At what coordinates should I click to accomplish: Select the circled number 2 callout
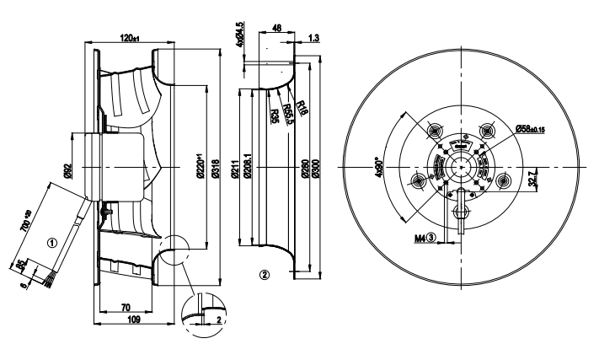tap(264, 275)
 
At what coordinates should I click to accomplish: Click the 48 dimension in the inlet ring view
tap(276, 28)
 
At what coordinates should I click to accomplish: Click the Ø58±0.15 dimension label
tap(530, 128)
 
